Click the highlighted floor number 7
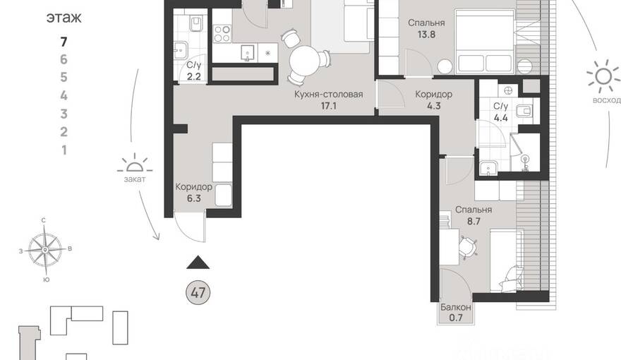[64, 42]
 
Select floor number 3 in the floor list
[64, 114]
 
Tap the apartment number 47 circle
[198, 293]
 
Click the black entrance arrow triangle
[198, 262]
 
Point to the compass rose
[46, 250]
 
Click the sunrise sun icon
[603, 76]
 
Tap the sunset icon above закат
[135, 164]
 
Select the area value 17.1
[329, 106]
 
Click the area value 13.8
[426, 35]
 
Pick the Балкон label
[456, 307]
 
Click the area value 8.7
[474, 222]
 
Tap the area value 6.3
[194, 198]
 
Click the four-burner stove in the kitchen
[222, 33]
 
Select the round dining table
[304, 60]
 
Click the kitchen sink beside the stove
[248, 53]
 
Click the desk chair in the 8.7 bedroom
[469, 246]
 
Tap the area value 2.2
[193, 76]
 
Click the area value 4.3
[434, 106]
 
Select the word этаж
[64, 18]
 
